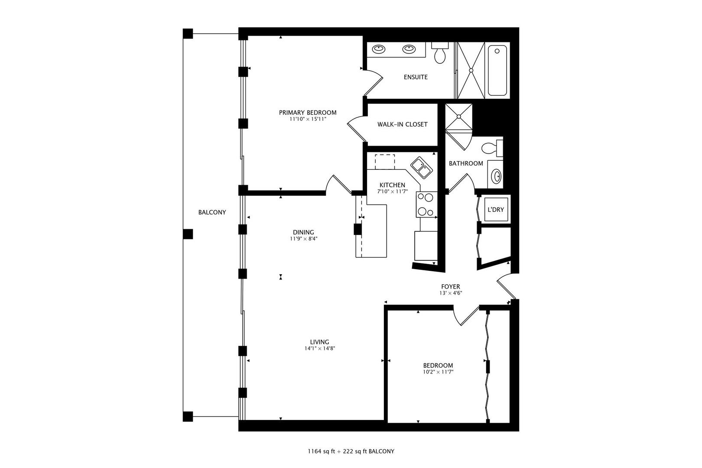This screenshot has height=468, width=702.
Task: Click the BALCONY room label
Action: click(212, 212)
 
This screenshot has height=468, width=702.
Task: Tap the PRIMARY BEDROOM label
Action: click(308, 113)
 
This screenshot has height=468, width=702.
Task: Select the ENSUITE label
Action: click(416, 77)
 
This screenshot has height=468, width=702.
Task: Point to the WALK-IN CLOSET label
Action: click(403, 124)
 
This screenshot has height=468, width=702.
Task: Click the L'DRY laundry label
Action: click(495, 209)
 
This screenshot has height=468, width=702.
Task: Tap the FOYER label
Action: click(451, 286)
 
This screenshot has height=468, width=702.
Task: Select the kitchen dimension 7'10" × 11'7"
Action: click(392, 192)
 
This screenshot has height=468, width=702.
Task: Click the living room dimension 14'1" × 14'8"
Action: click(320, 348)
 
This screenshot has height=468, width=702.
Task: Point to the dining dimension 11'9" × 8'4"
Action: click(303, 239)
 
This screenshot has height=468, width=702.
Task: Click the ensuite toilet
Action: click(440, 53)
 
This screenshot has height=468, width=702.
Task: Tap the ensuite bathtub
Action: click(497, 71)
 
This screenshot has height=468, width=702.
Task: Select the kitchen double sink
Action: click(422, 168)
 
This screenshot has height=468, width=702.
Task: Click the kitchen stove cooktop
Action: click(426, 205)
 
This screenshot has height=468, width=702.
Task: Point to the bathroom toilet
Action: click(492, 148)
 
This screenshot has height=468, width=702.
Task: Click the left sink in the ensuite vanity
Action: click(379, 49)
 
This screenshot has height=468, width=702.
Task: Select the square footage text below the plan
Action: click(351, 452)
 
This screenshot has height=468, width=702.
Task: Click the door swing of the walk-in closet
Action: click(357, 129)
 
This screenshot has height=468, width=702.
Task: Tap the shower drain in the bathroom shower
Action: click(459, 117)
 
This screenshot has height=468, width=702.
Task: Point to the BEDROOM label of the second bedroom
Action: click(438, 365)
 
